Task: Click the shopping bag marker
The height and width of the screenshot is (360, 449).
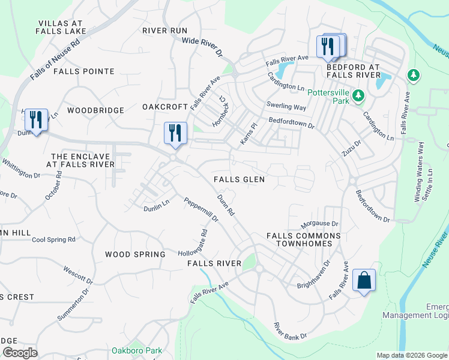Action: click(x=364, y=280)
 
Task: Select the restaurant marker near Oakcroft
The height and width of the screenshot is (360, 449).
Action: click(x=175, y=133)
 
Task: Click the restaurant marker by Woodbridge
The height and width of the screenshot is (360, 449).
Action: click(x=36, y=121)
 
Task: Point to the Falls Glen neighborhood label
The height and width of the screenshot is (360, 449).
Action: click(x=240, y=179)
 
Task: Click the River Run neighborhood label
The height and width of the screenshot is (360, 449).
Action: click(x=165, y=31)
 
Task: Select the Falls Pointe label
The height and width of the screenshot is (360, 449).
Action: click(x=83, y=71)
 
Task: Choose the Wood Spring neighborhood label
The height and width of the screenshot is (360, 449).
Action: click(x=135, y=254)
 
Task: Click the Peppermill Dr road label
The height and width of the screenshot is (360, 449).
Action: click(x=201, y=210)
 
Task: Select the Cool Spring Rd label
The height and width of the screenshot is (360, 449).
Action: click(x=53, y=239)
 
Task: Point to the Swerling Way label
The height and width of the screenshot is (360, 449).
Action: click(x=286, y=107)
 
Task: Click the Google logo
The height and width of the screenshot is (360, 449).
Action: click(x=20, y=353)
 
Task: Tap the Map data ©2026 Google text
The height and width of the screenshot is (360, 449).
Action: click(x=412, y=355)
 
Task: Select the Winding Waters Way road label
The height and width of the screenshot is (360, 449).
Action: click(x=421, y=167)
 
